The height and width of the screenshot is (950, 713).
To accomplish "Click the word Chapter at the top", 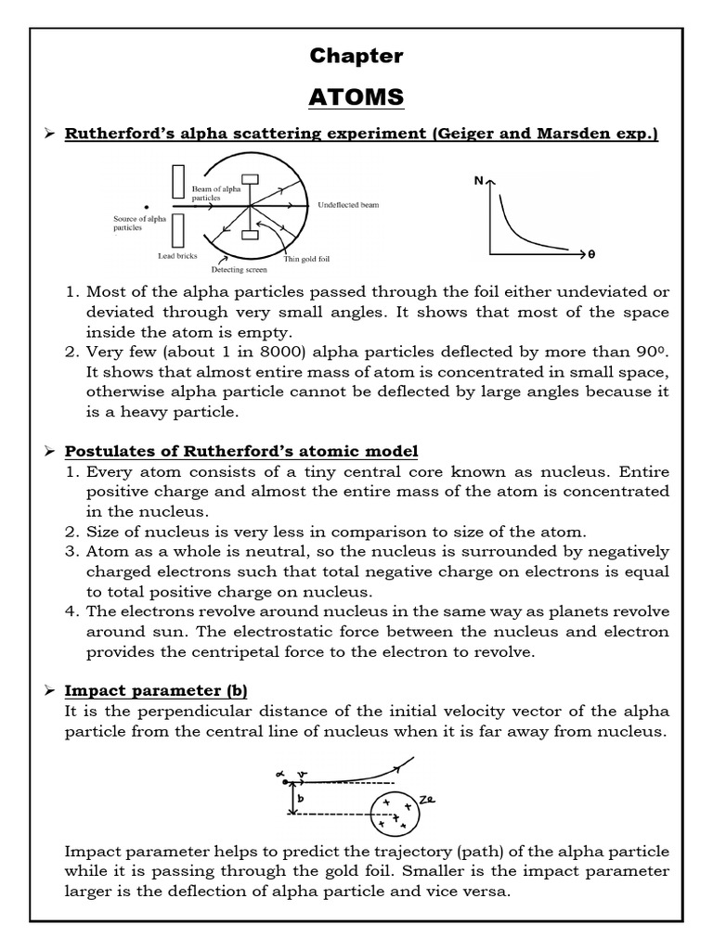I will coord(356,56).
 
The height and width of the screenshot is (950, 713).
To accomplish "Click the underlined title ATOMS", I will coord(356,96).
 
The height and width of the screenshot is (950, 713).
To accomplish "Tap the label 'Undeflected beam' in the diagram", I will coord(348,204).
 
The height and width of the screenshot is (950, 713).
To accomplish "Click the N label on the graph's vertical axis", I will coord(479,181).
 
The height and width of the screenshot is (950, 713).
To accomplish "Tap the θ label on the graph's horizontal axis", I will coord(590,253).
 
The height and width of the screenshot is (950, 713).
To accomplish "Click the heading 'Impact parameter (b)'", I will coord(155,690).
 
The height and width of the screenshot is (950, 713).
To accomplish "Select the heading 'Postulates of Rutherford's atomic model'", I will coord(240,451).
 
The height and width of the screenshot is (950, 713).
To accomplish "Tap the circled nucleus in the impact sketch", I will coord(394,814).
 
